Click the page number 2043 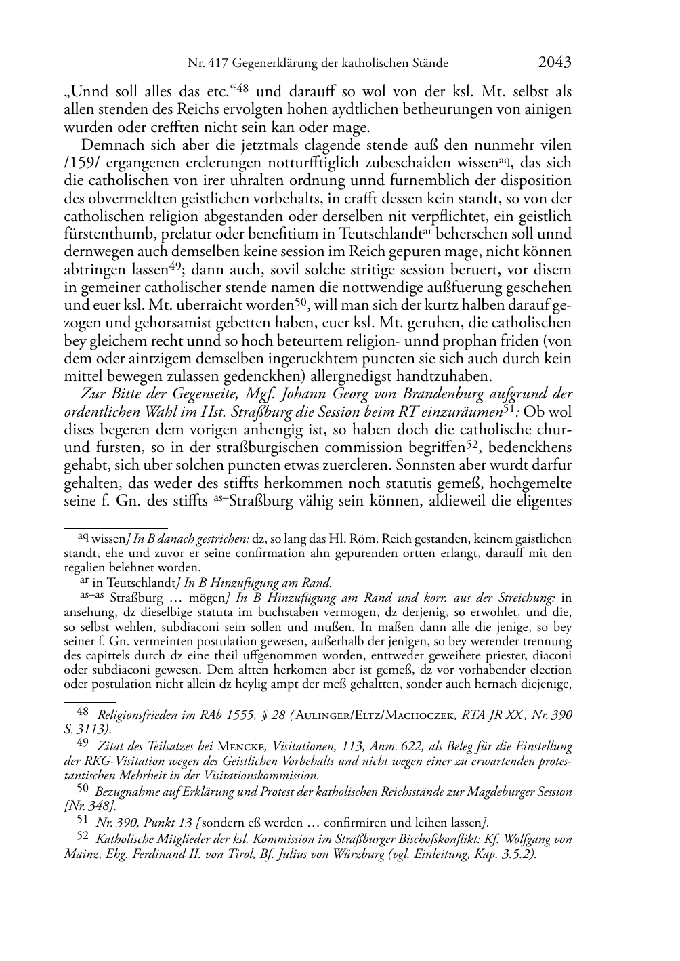[x=555, y=63]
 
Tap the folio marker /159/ [x=81, y=163]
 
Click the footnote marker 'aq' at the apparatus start [x=82, y=537]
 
